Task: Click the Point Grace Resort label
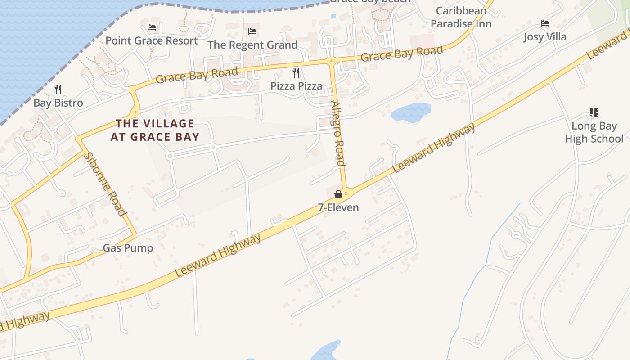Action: pyautogui.click(x=152, y=41)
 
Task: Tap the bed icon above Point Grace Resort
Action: pyautogui.click(x=152, y=27)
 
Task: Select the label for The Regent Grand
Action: pyautogui.click(x=252, y=45)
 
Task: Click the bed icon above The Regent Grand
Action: pyautogui.click(x=252, y=31)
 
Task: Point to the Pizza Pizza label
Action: pyautogui.click(x=296, y=86)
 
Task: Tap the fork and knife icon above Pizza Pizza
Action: pyautogui.click(x=296, y=72)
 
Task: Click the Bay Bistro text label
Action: pyautogui.click(x=58, y=103)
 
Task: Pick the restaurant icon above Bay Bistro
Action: pyautogui.click(x=58, y=89)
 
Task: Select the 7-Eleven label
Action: pyautogui.click(x=338, y=207)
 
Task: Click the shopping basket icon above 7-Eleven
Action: pyautogui.click(x=338, y=194)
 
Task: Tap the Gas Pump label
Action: pyautogui.click(x=128, y=248)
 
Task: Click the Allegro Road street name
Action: pyautogui.click(x=338, y=134)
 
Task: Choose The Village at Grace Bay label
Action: pyautogui.click(x=155, y=130)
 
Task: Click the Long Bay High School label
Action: pyautogui.click(x=594, y=132)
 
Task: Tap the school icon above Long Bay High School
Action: pyautogui.click(x=594, y=112)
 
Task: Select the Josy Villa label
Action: pyautogui.click(x=545, y=37)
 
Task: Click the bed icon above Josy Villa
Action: pyautogui.click(x=545, y=23)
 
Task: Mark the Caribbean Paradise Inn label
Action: pyautogui.click(x=461, y=17)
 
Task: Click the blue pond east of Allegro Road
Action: pyautogui.click(x=410, y=112)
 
